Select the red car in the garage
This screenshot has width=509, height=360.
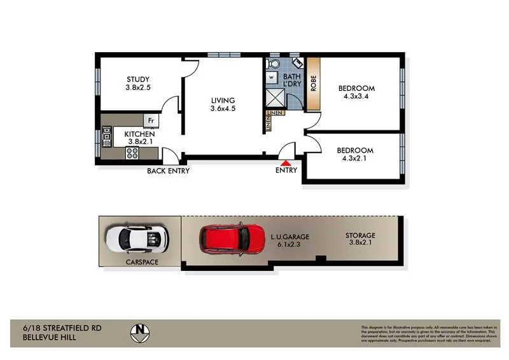click(x=232, y=239)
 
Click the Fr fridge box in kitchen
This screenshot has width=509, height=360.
click(x=151, y=120)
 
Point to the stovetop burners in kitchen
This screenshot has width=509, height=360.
click(x=133, y=153)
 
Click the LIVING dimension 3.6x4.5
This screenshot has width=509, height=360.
click(x=223, y=109)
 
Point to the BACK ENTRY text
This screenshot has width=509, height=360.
click(x=168, y=170)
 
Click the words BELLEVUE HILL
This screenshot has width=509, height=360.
click(x=43, y=337)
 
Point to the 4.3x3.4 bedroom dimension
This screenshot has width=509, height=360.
click(x=356, y=97)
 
